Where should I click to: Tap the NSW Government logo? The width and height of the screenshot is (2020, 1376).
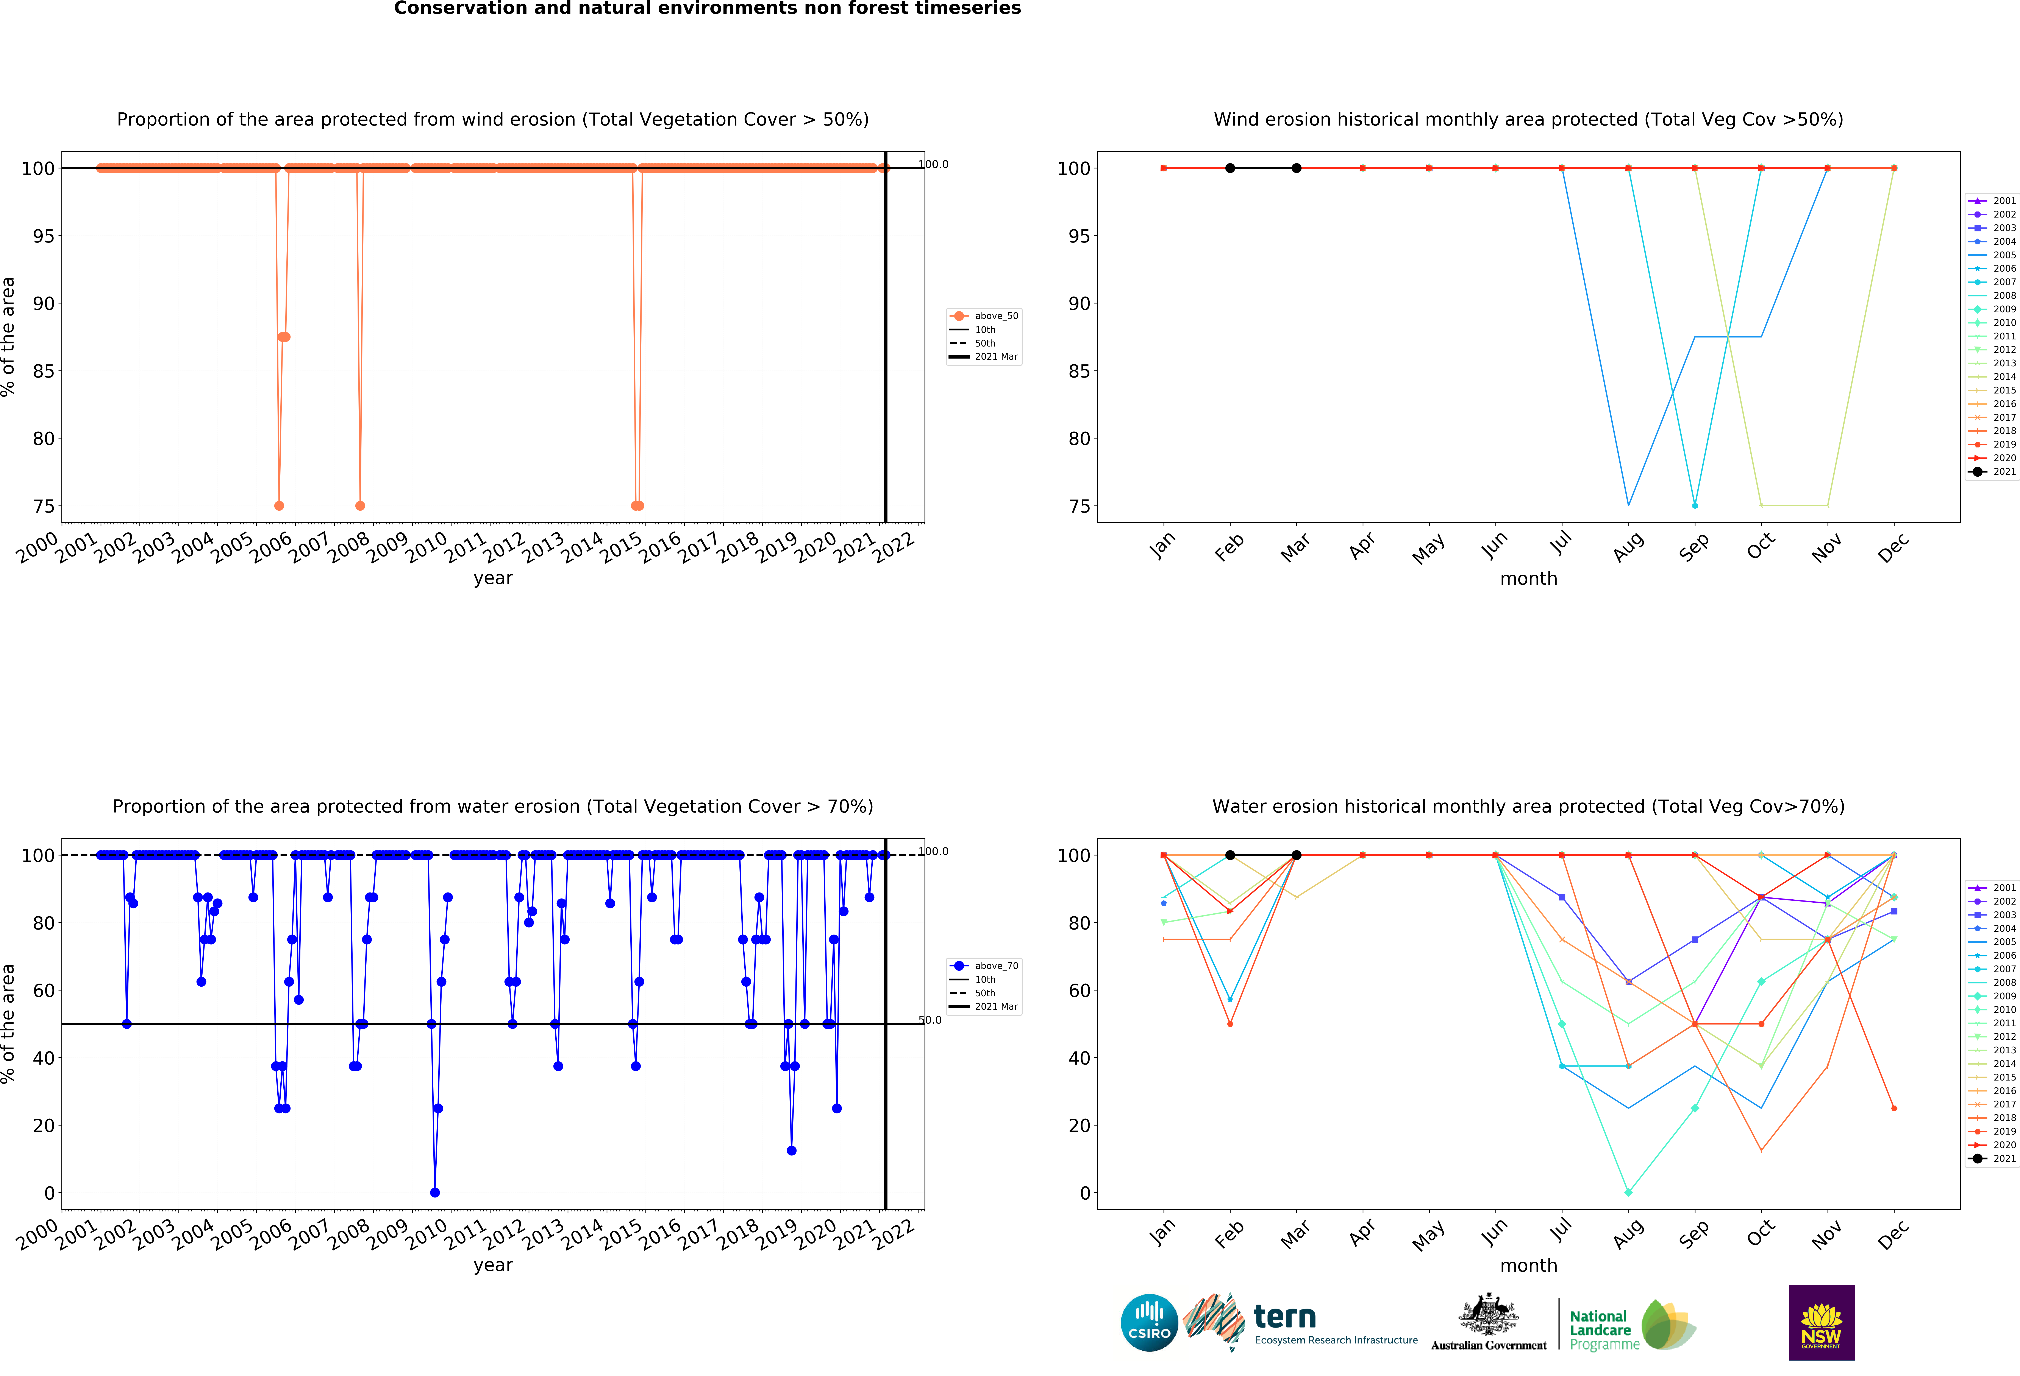[1821, 1322]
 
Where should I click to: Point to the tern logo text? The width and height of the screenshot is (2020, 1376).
[1285, 1317]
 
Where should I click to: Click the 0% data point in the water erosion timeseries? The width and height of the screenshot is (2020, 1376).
[435, 1193]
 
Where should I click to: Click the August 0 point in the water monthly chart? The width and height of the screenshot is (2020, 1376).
[1628, 1193]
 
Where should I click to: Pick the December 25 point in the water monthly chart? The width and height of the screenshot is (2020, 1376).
[1894, 1109]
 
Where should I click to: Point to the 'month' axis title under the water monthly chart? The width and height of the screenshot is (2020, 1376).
[1528, 1266]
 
